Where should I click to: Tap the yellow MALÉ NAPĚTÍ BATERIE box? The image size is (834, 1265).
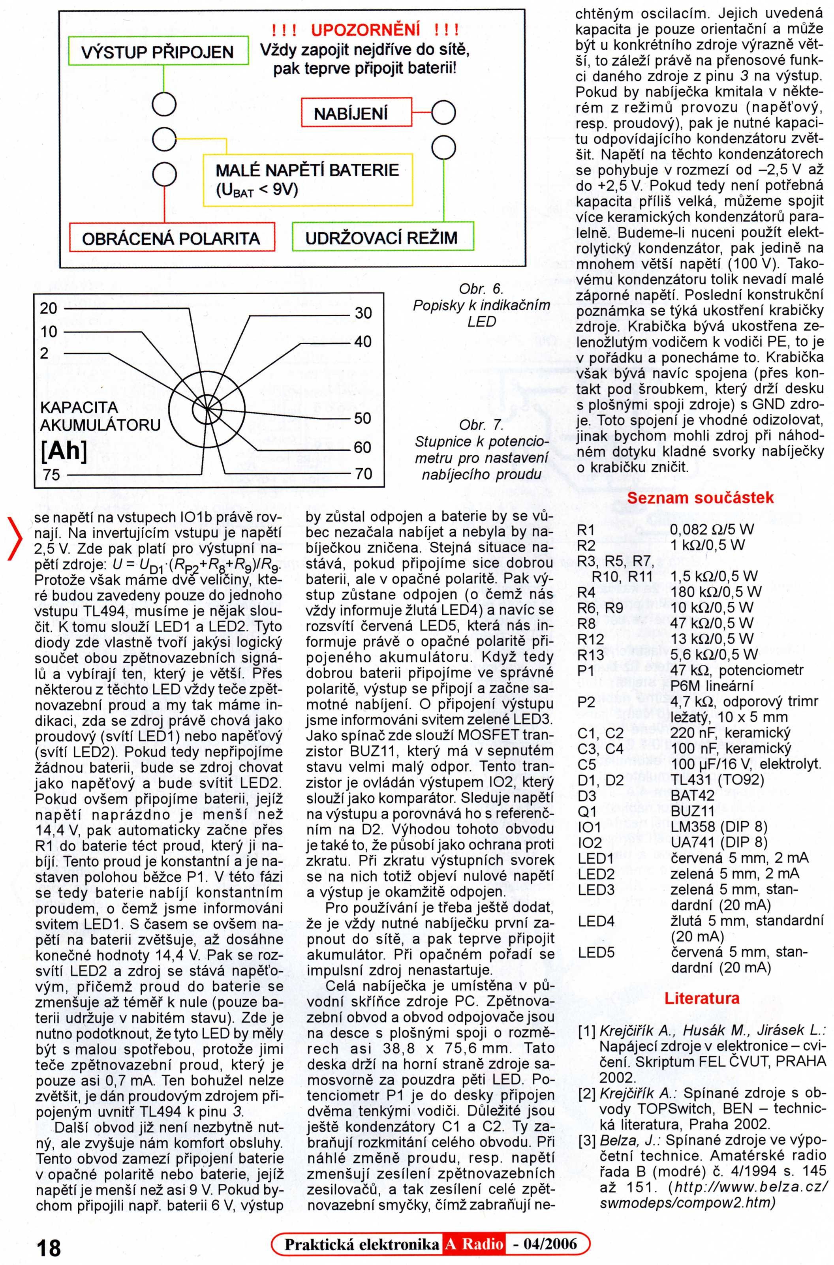[x=308, y=180]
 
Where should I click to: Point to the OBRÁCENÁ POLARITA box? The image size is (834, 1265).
[x=171, y=238]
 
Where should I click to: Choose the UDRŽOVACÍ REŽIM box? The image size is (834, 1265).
[x=382, y=238]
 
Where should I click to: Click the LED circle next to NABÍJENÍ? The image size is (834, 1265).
[x=443, y=113]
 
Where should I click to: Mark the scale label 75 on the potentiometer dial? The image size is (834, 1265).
[x=52, y=474]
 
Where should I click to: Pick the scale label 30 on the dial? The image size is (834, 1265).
[x=363, y=313]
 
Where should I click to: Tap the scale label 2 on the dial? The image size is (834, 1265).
[x=45, y=353]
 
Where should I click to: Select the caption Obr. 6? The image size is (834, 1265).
[x=481, y=289]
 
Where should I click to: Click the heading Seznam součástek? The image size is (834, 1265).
[x=701, y=498]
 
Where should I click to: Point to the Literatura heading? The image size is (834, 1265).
[x=702, y=998]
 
